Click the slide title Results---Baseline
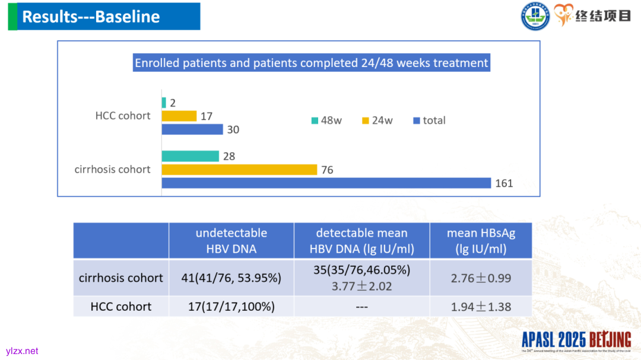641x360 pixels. (91, 17)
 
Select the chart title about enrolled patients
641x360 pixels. (312, 63)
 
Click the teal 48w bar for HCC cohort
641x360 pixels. (164, 103)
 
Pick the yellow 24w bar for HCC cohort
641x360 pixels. (179, 116)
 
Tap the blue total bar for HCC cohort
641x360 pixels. (192, 129)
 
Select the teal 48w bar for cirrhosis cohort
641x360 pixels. (190, 157)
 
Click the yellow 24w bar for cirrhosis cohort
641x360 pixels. (239, 170)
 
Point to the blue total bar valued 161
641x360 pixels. (326, 183)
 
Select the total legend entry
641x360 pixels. (429, 120)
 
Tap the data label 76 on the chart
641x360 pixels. (327, 170)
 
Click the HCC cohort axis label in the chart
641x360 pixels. (123, 116)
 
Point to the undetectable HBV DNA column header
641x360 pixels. (231, 241)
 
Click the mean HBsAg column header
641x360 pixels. (481, 241)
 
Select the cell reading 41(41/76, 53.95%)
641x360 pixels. (231, 278)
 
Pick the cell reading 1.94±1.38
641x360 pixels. (481, 307)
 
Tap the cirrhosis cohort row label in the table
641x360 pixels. (121, 278)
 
